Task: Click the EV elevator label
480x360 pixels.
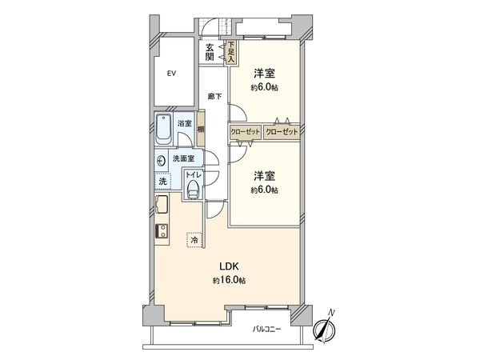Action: point(170,74)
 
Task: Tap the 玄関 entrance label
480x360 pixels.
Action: point(210,51)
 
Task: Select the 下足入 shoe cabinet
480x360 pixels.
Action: point(230,52)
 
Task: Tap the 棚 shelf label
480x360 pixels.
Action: point(201,130)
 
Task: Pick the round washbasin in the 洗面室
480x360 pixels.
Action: point(161,159)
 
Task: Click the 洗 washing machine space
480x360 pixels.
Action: point(162,182)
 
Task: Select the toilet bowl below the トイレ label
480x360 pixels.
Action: point(193,188)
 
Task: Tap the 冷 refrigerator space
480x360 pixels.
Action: point(194,239)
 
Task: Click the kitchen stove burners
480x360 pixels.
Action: point(160,232)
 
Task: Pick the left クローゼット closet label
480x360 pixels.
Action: point(244,130)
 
